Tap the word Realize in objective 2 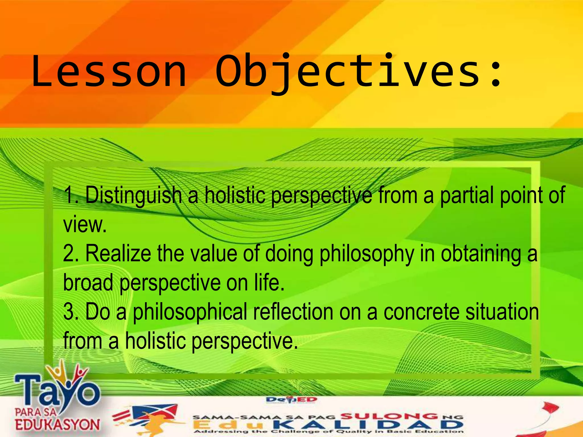118,254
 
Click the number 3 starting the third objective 69,312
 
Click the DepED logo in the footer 291,400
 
